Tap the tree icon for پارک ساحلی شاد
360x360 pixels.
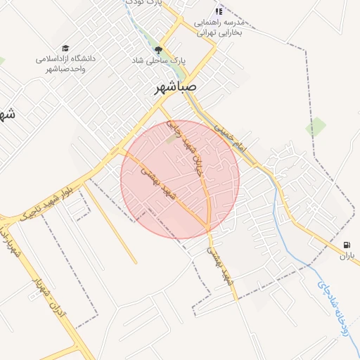point(157,50)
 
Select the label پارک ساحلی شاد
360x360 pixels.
point(159,61)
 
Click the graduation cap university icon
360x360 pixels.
point(65,49)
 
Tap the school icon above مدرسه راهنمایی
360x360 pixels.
point(219,11)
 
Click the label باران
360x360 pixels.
point(345,257)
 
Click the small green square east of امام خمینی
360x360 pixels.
point(316,127)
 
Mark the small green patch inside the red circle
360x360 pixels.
point(172,139)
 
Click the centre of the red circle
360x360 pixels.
point(180,179)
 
